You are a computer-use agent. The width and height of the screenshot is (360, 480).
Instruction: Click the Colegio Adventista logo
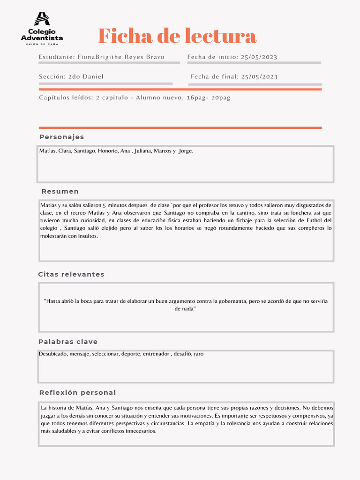coord(42,28)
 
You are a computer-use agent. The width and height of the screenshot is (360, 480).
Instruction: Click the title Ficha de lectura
coord(177,36)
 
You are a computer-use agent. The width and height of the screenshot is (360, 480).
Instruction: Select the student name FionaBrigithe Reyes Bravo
coord(121,57)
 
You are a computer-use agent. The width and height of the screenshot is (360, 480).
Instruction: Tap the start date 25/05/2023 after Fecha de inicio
coord(259,57)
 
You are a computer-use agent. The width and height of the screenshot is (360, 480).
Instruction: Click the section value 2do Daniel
coord(86,77)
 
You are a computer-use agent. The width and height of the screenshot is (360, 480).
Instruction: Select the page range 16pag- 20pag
coord(208,98)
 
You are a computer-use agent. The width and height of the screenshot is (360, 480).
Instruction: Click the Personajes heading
coord(61,137)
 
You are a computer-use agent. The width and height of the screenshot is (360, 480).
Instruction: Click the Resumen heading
coord(60,192)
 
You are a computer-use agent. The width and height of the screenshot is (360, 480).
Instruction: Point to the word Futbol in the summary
coord(315,220)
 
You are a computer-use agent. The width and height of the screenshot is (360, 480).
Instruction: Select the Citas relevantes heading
coord(71,274)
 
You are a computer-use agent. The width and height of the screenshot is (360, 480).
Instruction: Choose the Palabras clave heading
coord(68,342)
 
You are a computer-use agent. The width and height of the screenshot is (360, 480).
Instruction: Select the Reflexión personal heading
coord(77,392)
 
